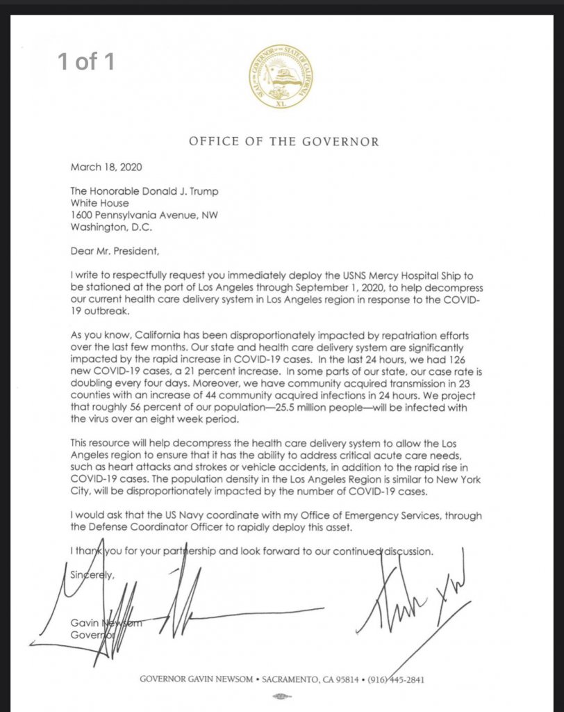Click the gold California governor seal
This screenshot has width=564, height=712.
(282, 74)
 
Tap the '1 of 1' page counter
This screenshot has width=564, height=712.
(85, 62)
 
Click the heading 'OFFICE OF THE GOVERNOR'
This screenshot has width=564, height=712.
(284, 142)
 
